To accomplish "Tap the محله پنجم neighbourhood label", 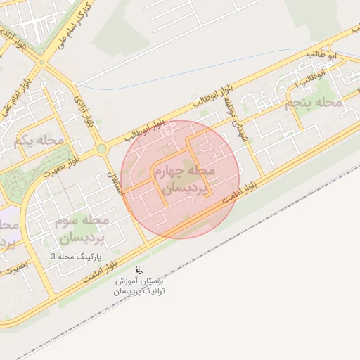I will click(314, 103).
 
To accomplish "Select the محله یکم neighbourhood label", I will click(39, 141).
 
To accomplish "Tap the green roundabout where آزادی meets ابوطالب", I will click(101, 148).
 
